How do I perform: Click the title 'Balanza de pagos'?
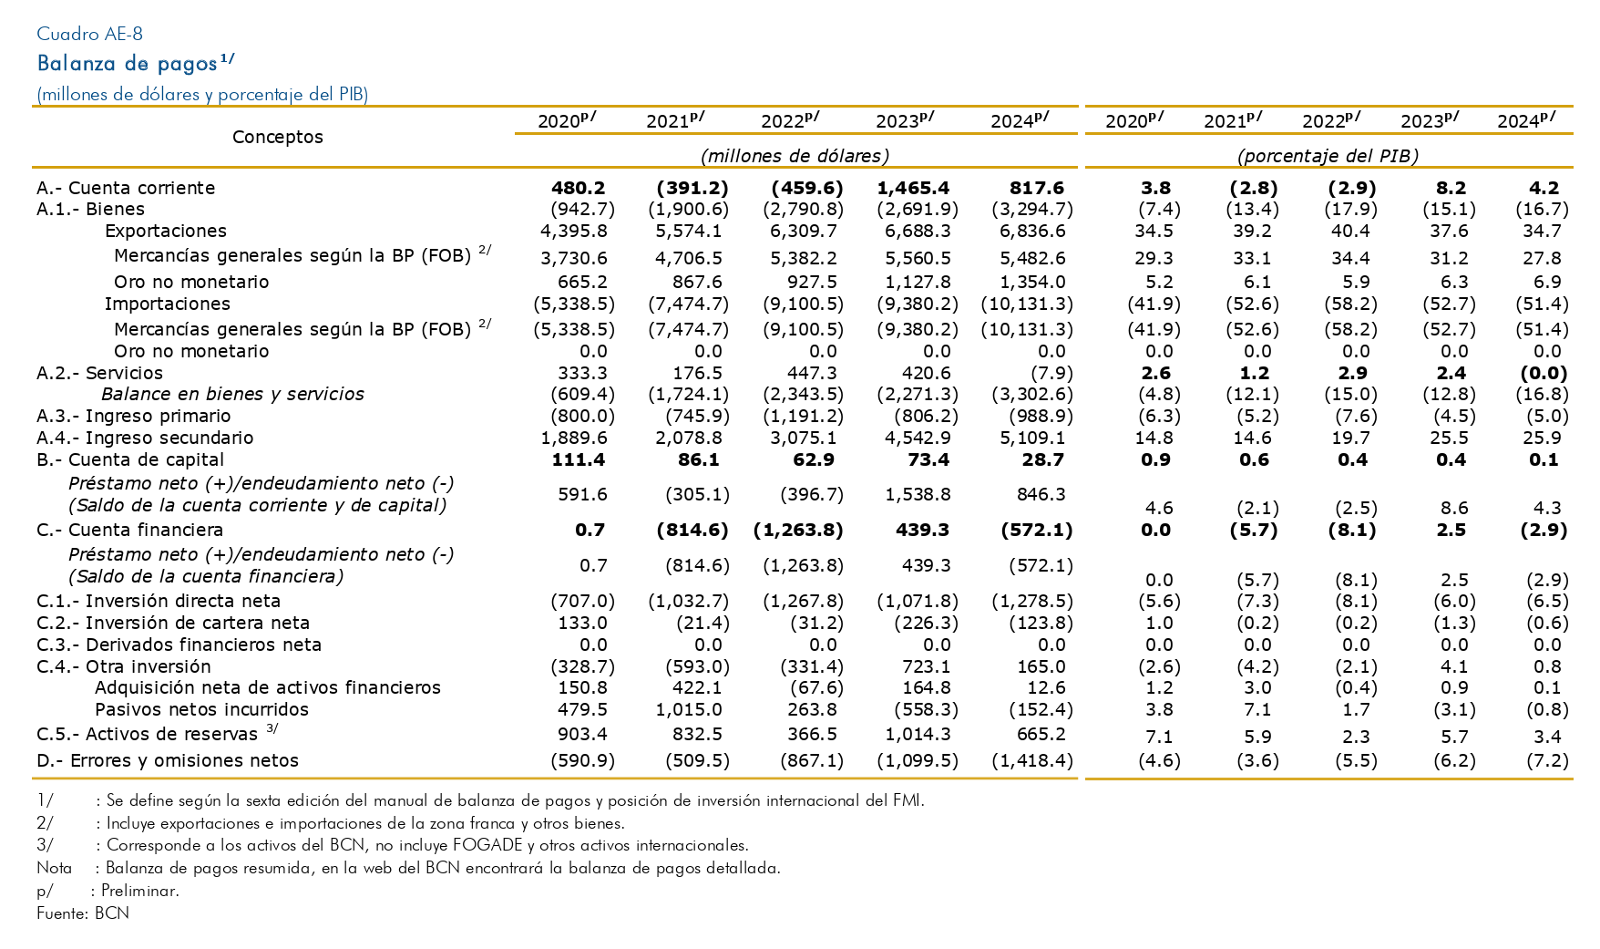point(128,64)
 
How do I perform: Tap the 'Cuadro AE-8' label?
point(89,35)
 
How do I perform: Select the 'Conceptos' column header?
point(278,137)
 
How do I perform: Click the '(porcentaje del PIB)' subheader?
point(1328,156)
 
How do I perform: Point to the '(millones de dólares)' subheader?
point(795,156)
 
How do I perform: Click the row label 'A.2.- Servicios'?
point(100,373)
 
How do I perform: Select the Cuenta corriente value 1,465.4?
point(913,188)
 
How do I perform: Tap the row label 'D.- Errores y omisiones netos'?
point(168,760)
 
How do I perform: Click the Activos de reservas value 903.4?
point(582,735)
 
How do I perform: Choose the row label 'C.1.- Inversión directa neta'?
point(159,601)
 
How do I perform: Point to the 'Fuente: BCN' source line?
point(83,913)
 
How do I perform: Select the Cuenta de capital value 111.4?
point(579,460)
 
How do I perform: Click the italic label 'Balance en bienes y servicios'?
point(232,395)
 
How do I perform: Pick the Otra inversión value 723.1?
point(926,666)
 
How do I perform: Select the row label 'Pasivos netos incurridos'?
point(201,710)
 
